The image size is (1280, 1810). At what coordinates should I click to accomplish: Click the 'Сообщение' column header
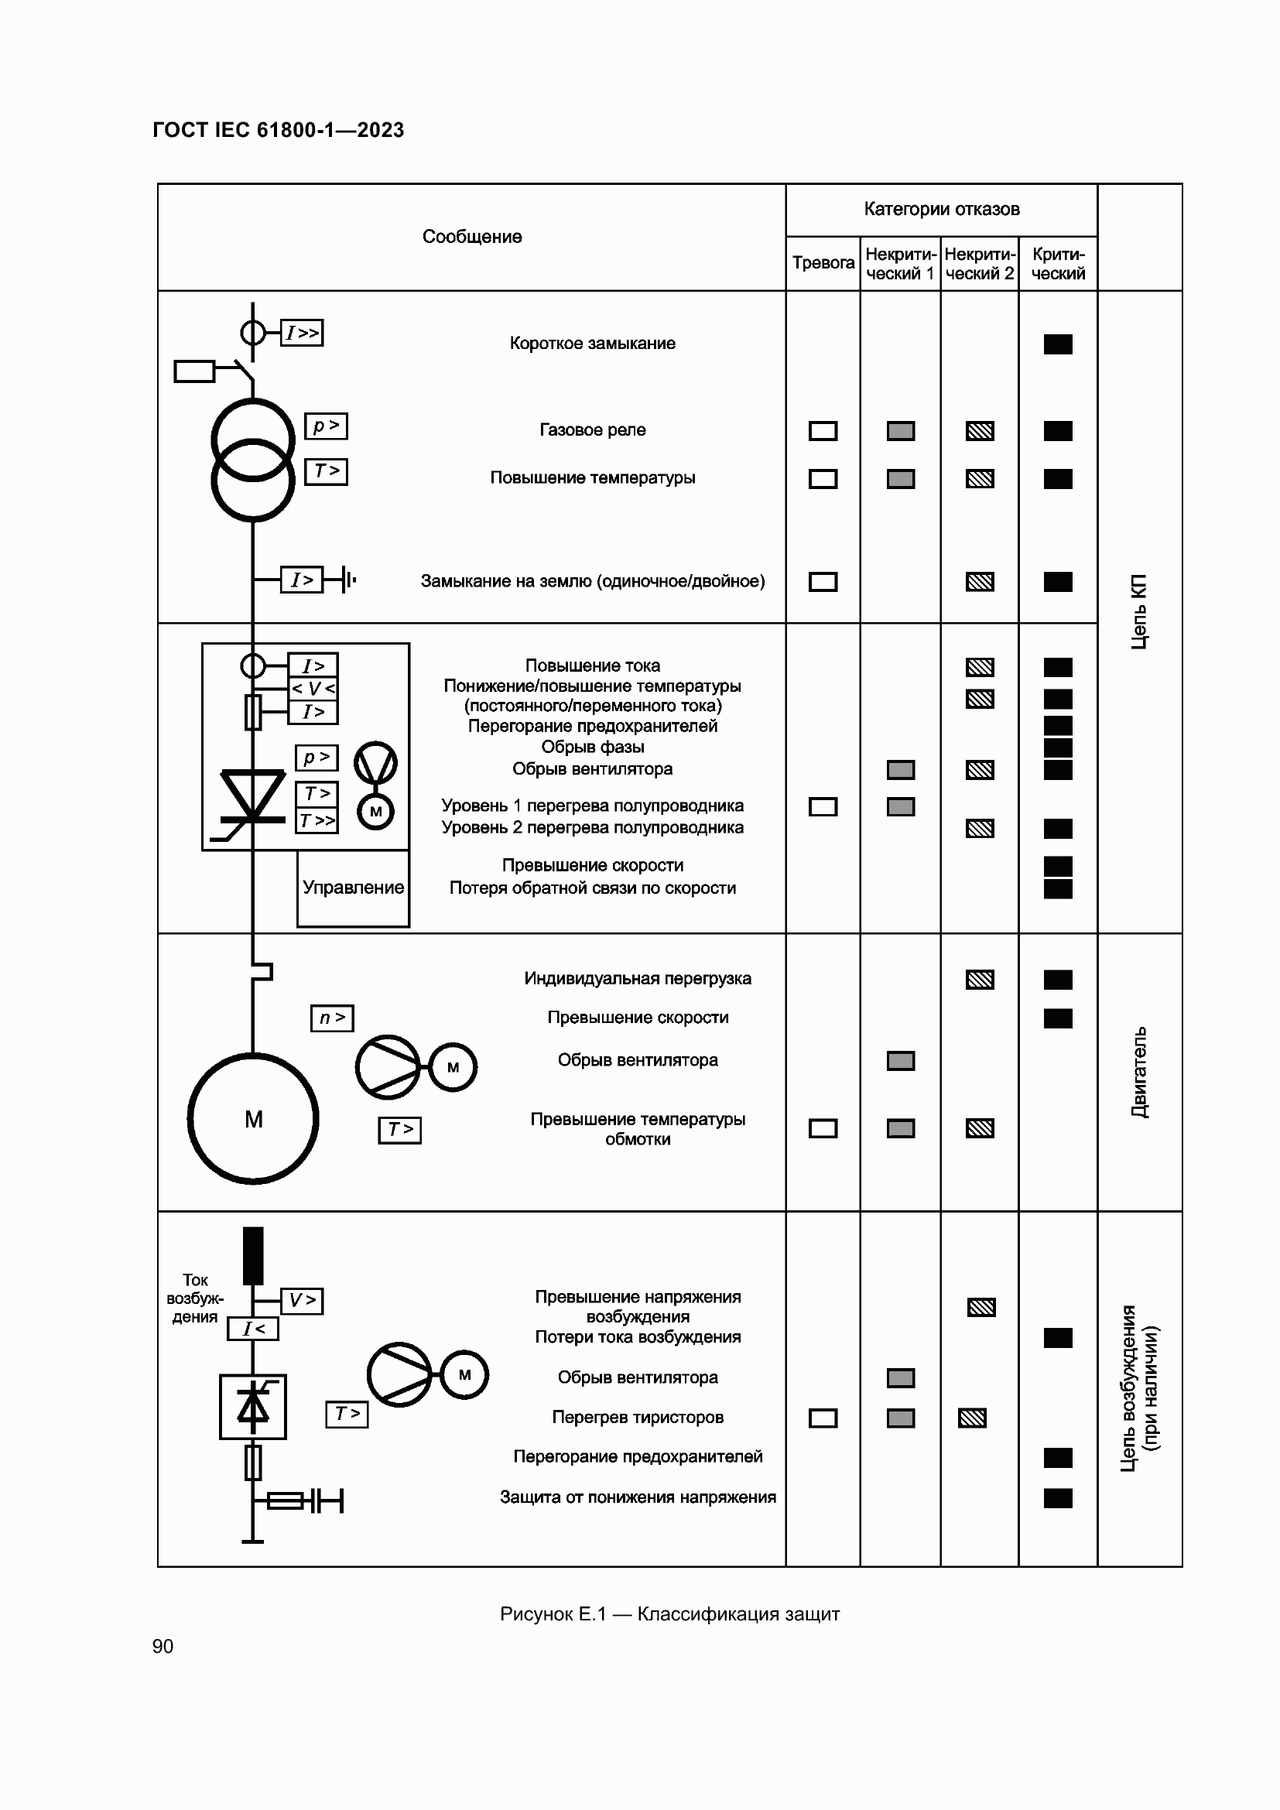[471, 237]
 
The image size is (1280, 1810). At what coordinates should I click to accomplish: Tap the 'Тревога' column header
[823, 262]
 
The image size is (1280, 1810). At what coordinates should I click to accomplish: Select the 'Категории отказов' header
[941, 209]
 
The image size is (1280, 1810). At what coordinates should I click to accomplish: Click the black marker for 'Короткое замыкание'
[1058, 344]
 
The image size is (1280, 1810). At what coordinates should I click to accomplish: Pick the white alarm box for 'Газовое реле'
[823, 431]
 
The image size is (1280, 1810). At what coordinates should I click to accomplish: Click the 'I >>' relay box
[302, 333]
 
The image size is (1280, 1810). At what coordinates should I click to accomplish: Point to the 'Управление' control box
[353, 888]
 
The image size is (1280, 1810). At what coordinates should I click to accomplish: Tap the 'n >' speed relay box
[332, 1018]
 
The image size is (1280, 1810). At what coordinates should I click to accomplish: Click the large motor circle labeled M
[253, 1119]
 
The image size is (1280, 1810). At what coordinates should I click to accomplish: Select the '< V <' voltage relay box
[313, 688]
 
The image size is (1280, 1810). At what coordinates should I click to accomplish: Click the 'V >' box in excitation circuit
[302, 1300]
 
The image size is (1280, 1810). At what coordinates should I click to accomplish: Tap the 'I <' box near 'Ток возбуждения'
[253, 1329]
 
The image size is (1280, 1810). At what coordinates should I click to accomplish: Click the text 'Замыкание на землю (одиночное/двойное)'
[592, 581]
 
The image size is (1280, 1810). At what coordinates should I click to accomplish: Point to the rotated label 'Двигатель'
[1139, 1071]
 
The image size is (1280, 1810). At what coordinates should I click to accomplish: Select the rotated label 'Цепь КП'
[1139, 612]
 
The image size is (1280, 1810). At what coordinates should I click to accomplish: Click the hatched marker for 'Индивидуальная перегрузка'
[980, 979]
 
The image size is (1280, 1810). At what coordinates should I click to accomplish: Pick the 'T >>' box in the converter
[317, 820]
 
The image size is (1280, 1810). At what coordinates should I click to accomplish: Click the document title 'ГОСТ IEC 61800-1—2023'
[279, 130]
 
